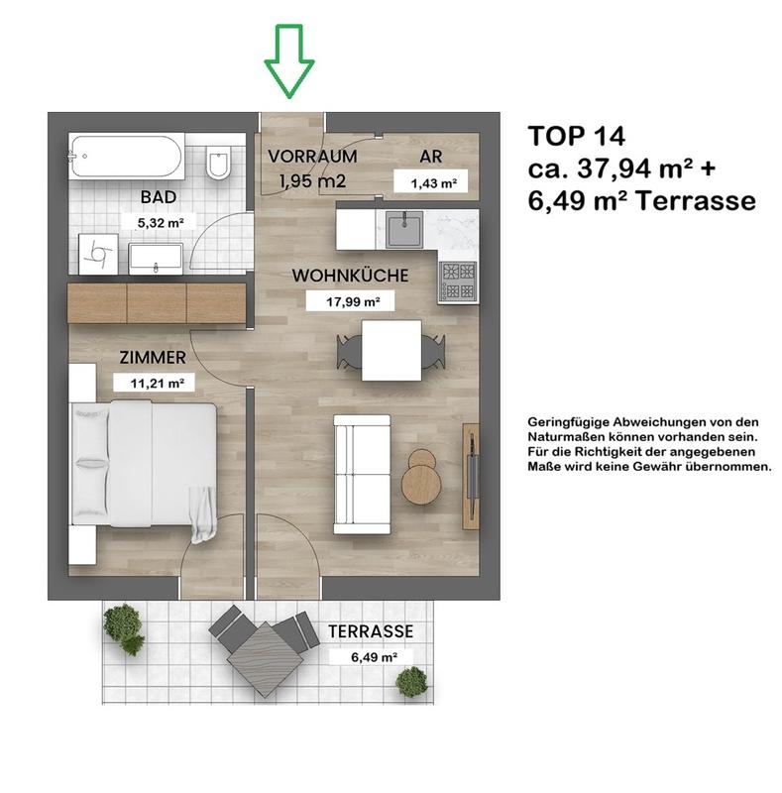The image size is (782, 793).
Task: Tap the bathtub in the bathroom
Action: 126,157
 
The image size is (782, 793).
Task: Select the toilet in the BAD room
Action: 218,162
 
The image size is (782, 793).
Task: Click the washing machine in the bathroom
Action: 99,254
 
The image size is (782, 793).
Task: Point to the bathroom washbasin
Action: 156,259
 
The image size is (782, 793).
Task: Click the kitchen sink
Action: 404,229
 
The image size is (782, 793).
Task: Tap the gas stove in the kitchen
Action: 458,282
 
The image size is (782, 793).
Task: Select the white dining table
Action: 391,350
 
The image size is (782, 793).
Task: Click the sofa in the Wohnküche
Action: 362,475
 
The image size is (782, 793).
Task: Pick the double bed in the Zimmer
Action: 145,464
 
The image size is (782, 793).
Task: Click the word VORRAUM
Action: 312,157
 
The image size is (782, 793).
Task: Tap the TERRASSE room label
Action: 371,631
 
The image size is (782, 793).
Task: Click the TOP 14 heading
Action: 576,136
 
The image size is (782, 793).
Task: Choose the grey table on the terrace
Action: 265,659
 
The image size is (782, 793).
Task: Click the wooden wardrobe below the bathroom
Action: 157,303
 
